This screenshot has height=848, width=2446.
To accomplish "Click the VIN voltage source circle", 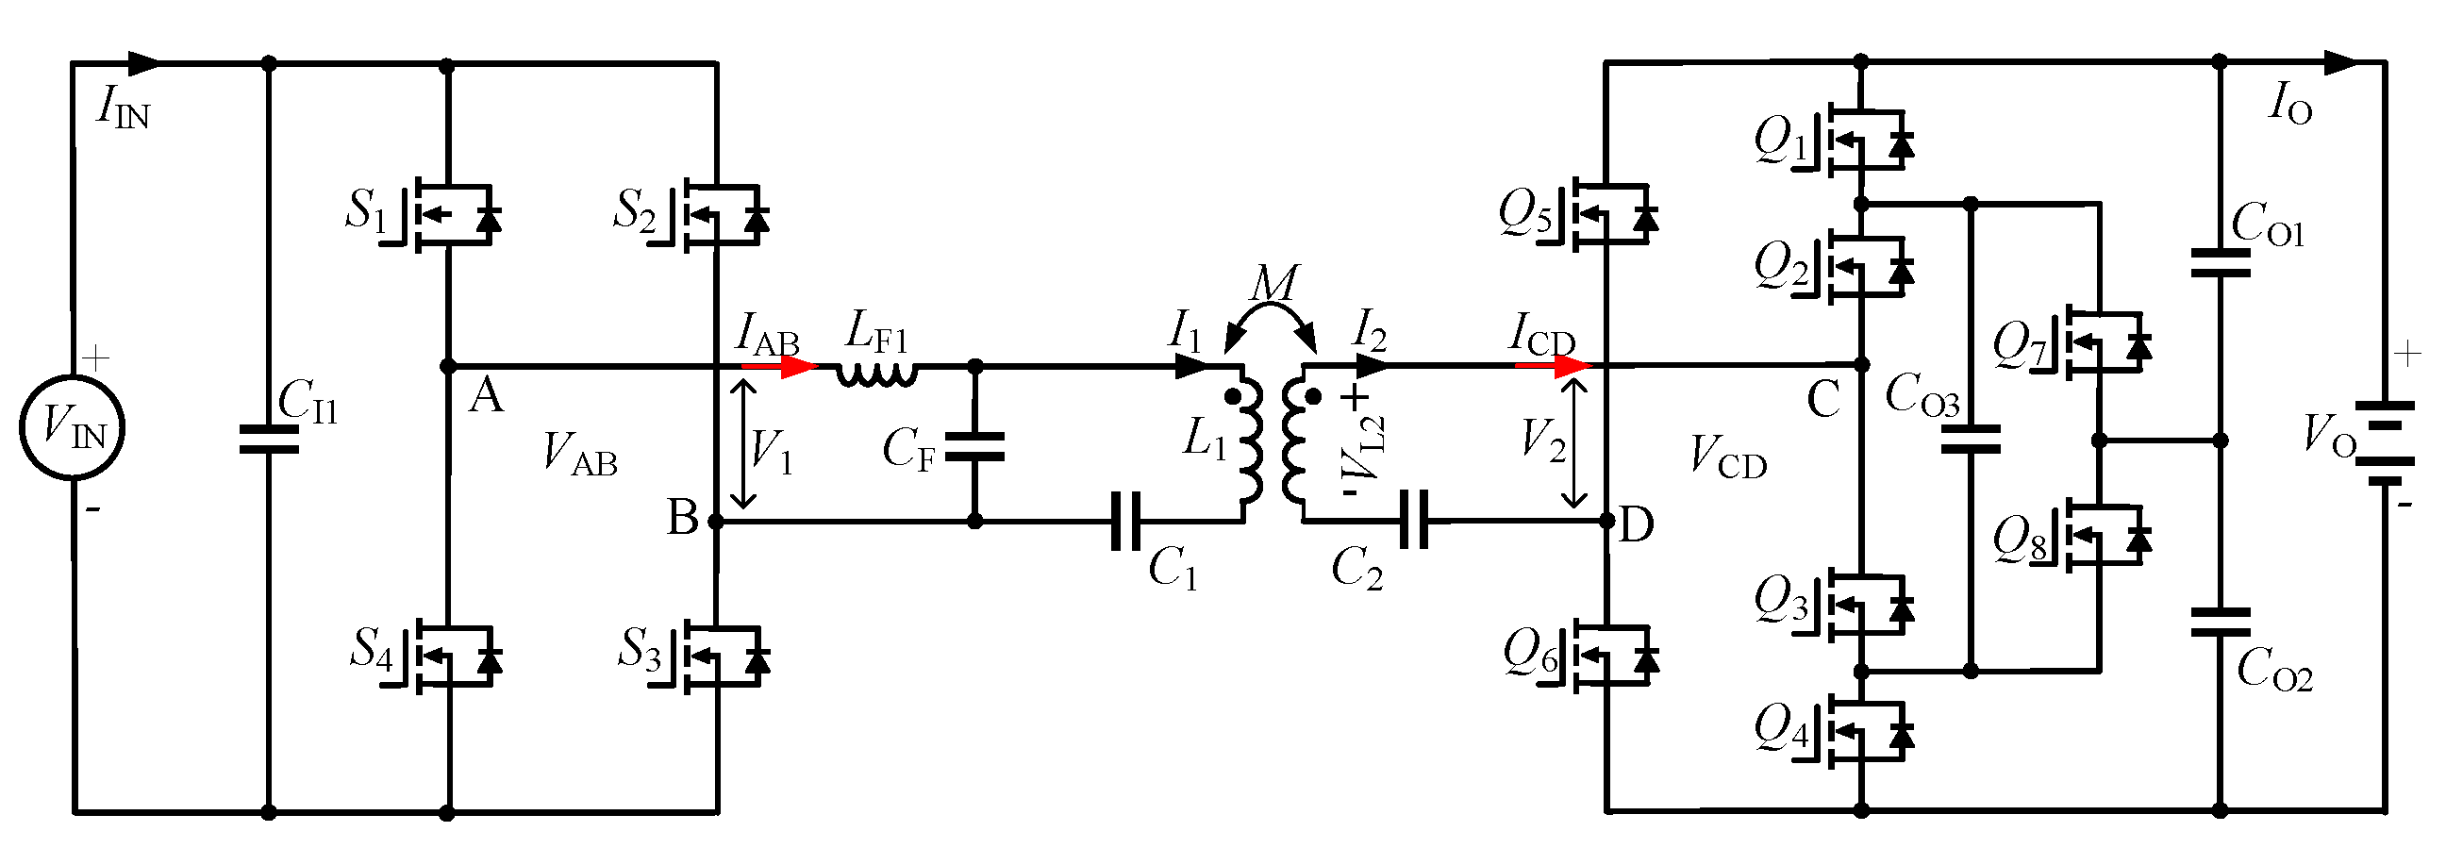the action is (x=73, y=426).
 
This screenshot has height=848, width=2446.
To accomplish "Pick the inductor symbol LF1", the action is (x=876, y=374).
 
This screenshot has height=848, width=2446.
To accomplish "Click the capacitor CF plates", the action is (x=975, y=446).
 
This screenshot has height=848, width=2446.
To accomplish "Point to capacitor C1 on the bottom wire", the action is (x=1126, y=521).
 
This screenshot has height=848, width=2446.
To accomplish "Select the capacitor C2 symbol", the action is (x=1415, y=520).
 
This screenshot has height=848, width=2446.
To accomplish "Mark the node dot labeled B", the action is (x=716, y=522).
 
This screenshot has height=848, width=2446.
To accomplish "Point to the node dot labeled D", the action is (x=1606, y=522).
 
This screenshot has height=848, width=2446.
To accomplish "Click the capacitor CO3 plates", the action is (x=1971, y=439).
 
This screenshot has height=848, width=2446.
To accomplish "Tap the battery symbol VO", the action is (x=2384, y=442).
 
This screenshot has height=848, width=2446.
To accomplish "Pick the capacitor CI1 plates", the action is (x=269, y=439).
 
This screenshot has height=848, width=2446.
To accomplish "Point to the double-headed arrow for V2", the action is (x=1573, y=442).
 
